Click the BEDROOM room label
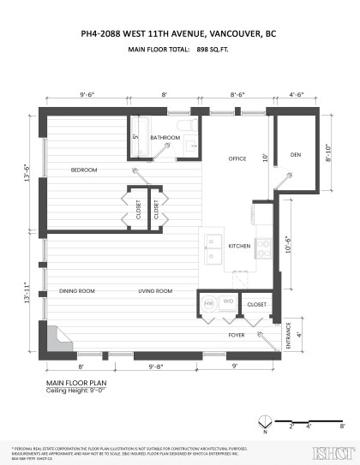[84, 170]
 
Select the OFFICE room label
[237, 159]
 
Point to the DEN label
[296, 154]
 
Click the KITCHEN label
[239, 246]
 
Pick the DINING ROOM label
[77, 292]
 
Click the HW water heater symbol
[208, 302]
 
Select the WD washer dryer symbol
[228, 302]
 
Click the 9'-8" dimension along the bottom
[156, 366]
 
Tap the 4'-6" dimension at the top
[297, 94]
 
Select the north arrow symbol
[265, 420]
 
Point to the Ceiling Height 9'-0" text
[79, 390]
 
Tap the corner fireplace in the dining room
[57, 338]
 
